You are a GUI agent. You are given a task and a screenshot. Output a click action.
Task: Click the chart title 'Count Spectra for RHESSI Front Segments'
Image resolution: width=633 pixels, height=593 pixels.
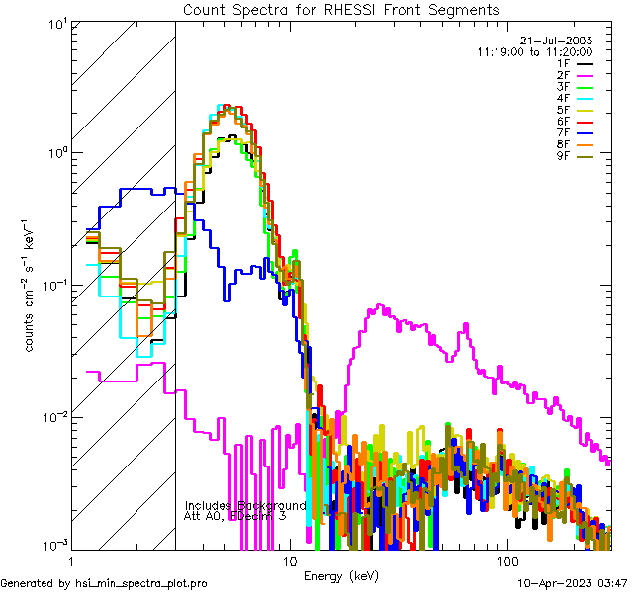click(341, 10)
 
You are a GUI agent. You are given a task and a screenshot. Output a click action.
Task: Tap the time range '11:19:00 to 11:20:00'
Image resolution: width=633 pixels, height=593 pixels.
click(534, 51)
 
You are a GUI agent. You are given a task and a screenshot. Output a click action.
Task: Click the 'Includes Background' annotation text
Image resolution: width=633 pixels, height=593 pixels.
click(245, 505)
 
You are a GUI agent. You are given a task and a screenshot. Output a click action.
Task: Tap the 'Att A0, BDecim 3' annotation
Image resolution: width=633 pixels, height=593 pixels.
click(235, 516)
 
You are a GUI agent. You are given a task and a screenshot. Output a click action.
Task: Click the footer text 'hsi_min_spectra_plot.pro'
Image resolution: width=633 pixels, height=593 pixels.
click(141, 583)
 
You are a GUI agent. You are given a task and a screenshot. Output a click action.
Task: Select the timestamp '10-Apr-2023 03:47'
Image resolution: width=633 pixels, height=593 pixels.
click(574, 583)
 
